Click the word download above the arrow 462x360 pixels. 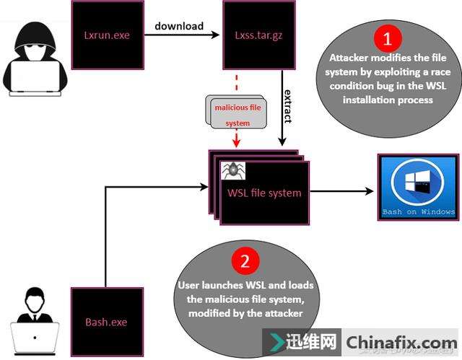coord(179,26)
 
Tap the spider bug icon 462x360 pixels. coord(233,171)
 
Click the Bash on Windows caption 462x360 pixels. coord(419,212)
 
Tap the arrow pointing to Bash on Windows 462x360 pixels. coord(342,192)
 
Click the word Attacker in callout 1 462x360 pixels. coord(350,58)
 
